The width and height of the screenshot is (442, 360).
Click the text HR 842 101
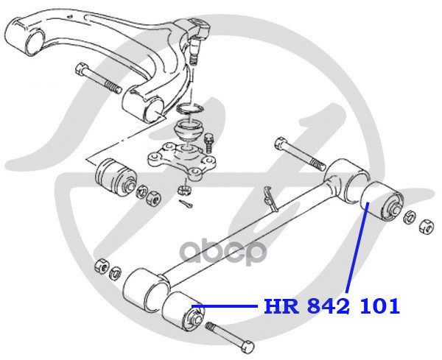coord(331,306)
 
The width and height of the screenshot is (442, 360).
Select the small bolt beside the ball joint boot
coord(210,140)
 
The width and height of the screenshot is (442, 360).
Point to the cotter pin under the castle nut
coord(187,203)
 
